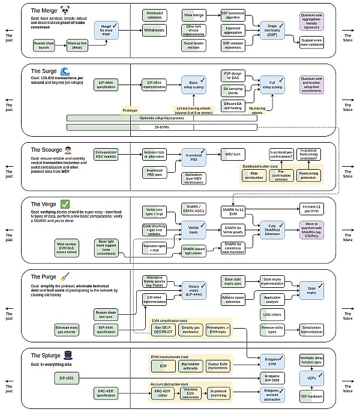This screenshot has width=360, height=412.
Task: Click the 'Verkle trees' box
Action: point(194,228)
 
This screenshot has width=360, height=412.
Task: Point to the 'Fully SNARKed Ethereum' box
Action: point(271,228)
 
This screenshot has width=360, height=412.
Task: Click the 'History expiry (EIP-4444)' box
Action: point(194,290)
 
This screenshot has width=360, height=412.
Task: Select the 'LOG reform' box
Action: point(271,314)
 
